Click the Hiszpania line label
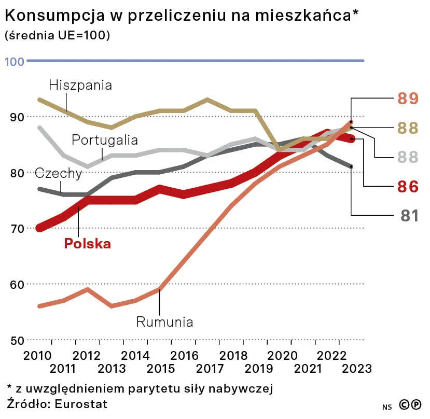click(80, 85)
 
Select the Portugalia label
click(105, 140)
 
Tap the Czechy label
click(58, 173)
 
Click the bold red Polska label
click(87, 244)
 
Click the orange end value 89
click(408, 98)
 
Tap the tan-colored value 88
click(408, 128)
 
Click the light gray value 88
click(408, 157)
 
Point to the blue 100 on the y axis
click(15, 61)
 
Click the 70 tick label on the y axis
click(17, 229)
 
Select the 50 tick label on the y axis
click(17, 340)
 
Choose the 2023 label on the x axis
click(357, 369)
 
